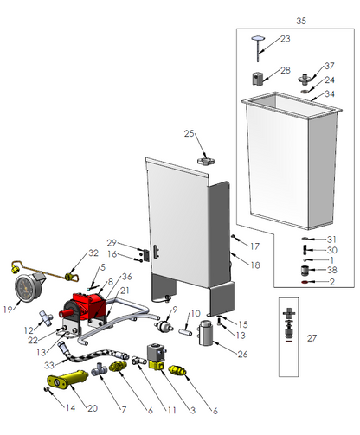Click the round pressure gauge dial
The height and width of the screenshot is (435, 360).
click(x=26, y=286)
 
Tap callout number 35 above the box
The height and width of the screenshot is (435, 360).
click(x=301, y=21)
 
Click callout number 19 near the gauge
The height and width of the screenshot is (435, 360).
click(x=8, y=310)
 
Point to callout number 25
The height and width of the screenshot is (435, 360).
click(x=189, y=133)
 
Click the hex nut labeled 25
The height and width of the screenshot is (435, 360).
click(x=206, y=161)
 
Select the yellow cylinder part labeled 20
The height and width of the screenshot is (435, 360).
click(x=68, y=378)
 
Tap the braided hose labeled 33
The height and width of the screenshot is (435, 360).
click(x=93, y=354)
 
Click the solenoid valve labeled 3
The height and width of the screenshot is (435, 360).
click(x=156, y=356)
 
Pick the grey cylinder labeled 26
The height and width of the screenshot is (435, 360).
click(x=206, y=333)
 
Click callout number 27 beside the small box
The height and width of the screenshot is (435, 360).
click(x=312, y=338)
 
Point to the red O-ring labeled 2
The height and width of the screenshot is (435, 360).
click(x=304, y=282)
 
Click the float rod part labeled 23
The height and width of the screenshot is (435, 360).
click(x=258, y=48)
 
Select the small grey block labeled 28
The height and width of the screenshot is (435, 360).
click(x=258, y=79)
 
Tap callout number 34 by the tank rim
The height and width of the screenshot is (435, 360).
click(x=330, y=93)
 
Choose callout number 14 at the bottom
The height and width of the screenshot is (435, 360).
click(x=70, y=407)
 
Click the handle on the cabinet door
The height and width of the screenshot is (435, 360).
click(x=156, y=251)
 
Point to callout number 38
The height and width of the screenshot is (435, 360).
click(x=332, y=270)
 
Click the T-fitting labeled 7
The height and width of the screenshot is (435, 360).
click(x=100, y=368)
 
